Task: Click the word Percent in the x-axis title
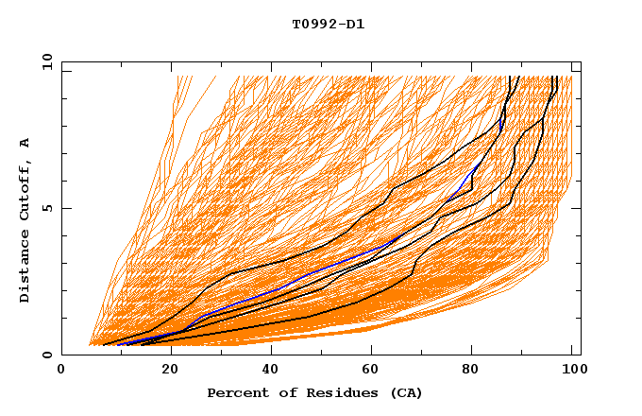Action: click(235, 392)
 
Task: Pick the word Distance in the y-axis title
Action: click(25, 268)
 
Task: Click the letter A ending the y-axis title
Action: click(25, 143)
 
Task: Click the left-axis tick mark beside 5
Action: click(65, 208)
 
